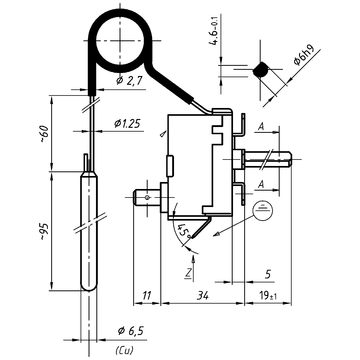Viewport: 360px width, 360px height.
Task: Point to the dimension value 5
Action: (x=269, y=272)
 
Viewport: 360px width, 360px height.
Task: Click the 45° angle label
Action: (x=184, y=231)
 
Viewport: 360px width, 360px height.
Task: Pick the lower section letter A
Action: (x=260, y=186)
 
